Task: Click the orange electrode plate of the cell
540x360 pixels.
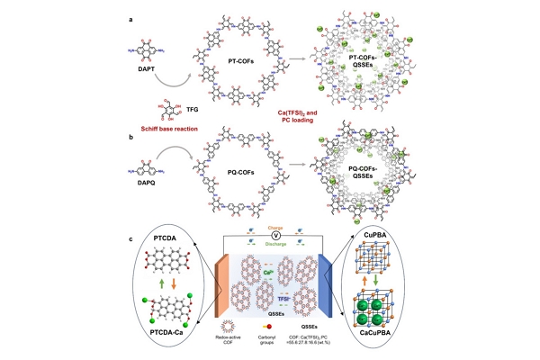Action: point(218,288)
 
